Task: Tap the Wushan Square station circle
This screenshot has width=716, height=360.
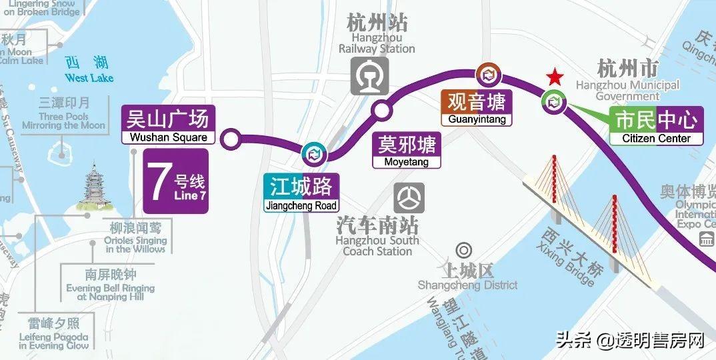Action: click(231, 140)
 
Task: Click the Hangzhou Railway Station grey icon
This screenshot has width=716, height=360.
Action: click(370, 75)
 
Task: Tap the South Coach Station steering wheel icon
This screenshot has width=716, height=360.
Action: click(408, 198)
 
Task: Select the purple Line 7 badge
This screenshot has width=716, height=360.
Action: click(176, 181)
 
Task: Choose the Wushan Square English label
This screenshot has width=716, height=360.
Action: click(169, 138)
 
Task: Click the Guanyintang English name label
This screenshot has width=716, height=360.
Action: click(477, 120)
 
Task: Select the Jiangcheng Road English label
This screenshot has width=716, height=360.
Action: click(301, 206)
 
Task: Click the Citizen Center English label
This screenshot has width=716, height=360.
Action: click(656, 139)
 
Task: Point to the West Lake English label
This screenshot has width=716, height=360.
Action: click(89, 79)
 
